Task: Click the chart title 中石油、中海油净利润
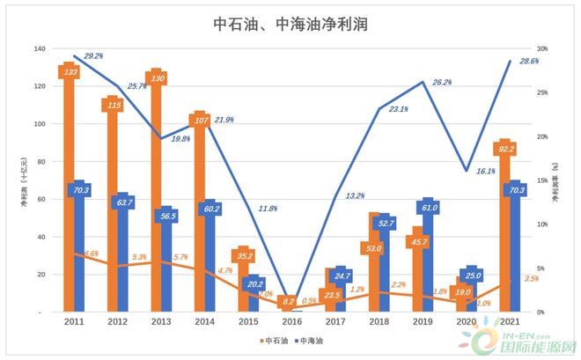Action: pos(290,25)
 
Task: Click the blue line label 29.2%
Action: pos(93,55)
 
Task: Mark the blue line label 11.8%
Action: pos(268,209)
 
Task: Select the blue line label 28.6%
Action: pos(526,61)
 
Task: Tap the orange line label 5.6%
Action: pos(91,253)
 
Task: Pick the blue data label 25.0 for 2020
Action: pos(472,276)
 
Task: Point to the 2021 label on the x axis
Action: pos(509,322)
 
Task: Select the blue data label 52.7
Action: pos(386,224)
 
